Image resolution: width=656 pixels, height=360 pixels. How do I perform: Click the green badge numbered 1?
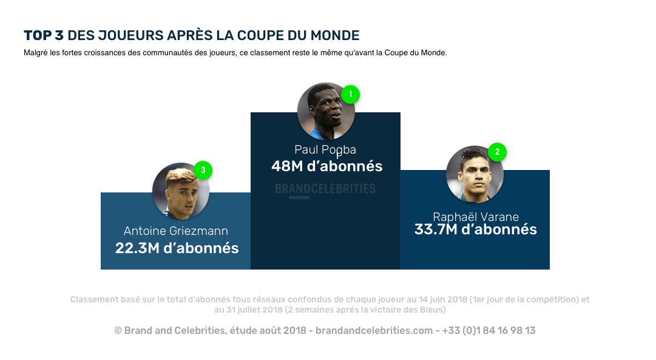(x=350, y=94)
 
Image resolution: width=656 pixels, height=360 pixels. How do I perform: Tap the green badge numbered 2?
(x=497, y=152)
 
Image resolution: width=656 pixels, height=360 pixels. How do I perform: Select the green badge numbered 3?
(x=203, y=170)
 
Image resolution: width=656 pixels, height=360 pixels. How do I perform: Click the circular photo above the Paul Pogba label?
(x=326, y=112)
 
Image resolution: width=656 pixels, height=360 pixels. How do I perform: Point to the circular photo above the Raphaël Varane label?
(x=475, y=174)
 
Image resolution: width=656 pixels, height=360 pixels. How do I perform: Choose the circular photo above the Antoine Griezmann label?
(x=181, y=191)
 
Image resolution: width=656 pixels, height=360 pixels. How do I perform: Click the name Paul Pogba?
(x=325, y=149)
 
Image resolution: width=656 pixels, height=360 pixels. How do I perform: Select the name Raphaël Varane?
(x=475, y=217)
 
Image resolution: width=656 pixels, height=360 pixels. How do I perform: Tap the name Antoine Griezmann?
(x=176, y=231)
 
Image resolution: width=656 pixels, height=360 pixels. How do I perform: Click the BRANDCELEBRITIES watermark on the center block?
(x=325, y=189)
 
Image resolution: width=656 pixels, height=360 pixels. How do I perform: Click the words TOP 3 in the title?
(x=43, y=35)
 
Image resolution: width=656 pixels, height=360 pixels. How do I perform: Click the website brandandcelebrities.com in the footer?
(x=373, y=331)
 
